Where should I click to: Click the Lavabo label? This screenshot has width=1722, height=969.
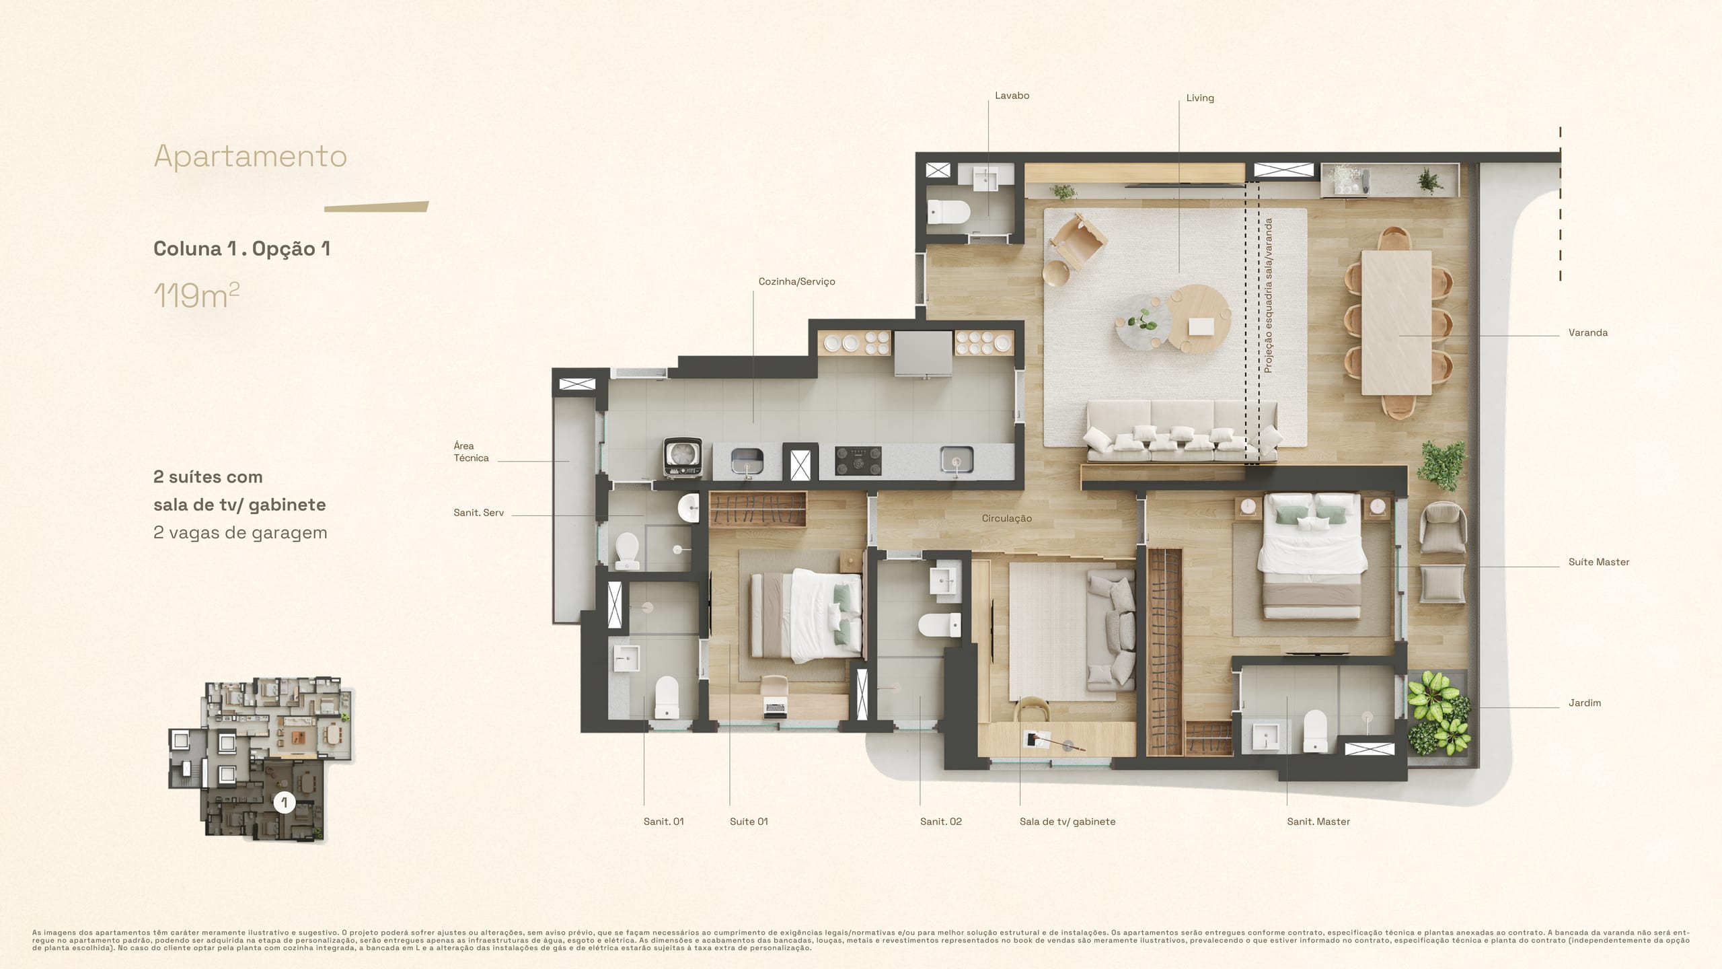pyautogui.click(x=1012, y=96)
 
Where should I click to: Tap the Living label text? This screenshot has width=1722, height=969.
pyautogui.click(x=1200, y=98)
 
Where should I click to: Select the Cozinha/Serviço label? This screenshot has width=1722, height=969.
pyautogui.click(x=796, y=282)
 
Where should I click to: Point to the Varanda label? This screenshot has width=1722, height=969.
pyautogui.click(x=1587, y=332)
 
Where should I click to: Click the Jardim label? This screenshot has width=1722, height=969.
pyautogui.click(x=1584, y=703)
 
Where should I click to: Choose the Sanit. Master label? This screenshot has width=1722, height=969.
pyautogui.click(x=1318, y=822)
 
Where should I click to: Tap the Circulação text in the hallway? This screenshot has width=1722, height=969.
pyautogui.click(x=1006, y=518)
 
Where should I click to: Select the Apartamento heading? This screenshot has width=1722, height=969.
pyautogui.click(x=250, y=156)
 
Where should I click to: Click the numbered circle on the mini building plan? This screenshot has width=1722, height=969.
pyautogui.click(x=285, y=802)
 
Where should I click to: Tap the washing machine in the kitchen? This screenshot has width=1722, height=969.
pyautogui.click(x=682, y=458)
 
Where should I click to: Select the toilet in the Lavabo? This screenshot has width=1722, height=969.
pyautogui.click(x=948, y=213)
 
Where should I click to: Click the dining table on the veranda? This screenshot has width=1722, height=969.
pyautogui.click(x=1396, y=322)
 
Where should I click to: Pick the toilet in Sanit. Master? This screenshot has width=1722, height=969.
pyautogui.click(x=1315, y=731)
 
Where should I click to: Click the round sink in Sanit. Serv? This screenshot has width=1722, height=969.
pyautogui.click(x=689, y=507)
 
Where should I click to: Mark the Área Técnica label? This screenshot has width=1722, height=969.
pyautogui.click(x=471, y=452)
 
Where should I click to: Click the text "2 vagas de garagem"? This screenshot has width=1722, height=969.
pyautogui.click(x=240, y=532)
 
